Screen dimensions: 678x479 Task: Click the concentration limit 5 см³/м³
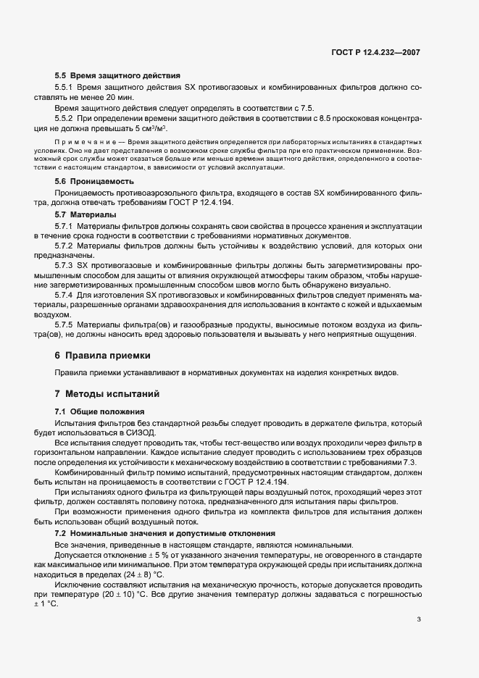pyautogui.click(x=153, y=127)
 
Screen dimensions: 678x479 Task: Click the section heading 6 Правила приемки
pyautogui.click(x=102, y=356)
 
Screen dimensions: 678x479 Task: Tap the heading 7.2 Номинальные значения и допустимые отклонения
pyautogui.click(x=150, y=533)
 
